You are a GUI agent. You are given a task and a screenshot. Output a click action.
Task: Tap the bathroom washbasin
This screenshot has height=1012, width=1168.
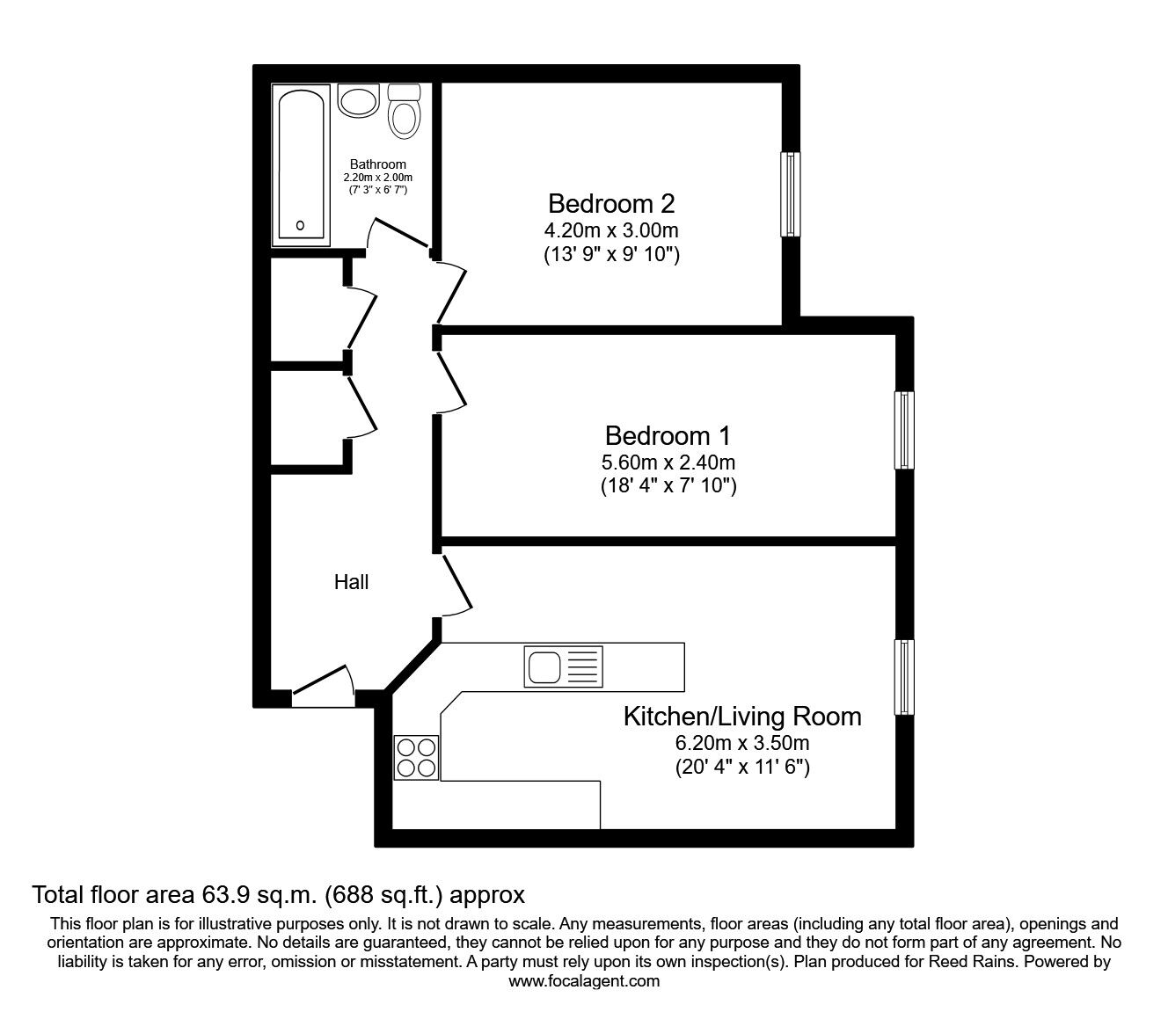(x=358, y=100)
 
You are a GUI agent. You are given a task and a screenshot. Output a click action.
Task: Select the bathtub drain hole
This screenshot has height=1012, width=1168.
(x=301, y=225)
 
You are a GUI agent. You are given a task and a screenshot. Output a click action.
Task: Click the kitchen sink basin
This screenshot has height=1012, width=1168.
(x=544, y=666)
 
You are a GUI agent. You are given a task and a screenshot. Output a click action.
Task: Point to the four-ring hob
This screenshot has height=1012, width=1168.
(x=417, y=758)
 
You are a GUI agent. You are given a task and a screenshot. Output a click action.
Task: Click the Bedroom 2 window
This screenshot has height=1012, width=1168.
(x=791, y=193)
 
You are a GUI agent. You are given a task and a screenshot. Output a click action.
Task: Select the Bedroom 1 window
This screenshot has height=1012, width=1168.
(x=904, y=430)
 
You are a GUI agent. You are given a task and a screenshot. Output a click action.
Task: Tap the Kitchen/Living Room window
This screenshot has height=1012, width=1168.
(x=904, y=677)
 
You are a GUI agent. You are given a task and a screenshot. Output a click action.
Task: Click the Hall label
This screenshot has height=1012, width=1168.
(x=351, y=582)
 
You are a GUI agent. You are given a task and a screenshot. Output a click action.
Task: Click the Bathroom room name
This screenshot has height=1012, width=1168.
(x=378, y=164)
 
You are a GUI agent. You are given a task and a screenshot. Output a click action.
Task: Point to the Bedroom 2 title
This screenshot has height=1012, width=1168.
(x=611, y=203)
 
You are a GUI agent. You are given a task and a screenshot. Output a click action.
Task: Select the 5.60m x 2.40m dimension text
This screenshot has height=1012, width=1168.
(x=668, y=462)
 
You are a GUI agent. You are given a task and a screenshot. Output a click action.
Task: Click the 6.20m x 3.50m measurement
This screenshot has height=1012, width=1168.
(x=742, y=742)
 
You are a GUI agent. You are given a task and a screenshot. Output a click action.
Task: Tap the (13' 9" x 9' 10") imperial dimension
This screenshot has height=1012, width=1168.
(x=611, y=255)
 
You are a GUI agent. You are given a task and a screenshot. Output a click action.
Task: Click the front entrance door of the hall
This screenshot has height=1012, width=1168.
(x=323, y=686)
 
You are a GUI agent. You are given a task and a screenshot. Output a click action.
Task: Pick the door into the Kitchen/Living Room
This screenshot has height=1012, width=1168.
(x=456, y=586)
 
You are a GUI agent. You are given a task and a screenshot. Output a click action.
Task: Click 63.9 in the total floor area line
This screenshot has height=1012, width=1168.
(x=223, y=894)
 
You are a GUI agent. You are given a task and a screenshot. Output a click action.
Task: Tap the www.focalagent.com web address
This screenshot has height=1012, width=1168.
(x=584, y=981)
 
